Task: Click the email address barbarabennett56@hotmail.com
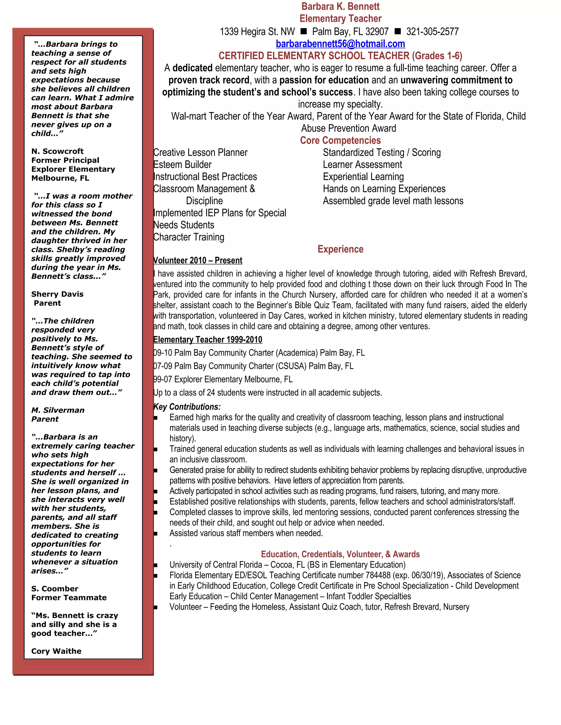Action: click(340, 44)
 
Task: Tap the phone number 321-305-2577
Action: click(432, 32)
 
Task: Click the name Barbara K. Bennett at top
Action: click(340, 6)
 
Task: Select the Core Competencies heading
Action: click(340, 140)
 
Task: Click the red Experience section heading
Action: click(340, 249)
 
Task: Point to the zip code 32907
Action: click(377, 32)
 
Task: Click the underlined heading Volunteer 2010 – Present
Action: click(198, 260)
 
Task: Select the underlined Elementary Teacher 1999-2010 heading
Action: click(208, 340)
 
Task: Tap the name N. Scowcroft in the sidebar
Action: click(57, 151)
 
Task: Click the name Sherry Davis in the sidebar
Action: click(57, 294)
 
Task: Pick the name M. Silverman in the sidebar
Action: click(58, 410)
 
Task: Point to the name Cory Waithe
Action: click(56, 651)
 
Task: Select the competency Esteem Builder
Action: click(182, 165)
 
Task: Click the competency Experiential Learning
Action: click(363, 177)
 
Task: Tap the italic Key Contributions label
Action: click(187, 407)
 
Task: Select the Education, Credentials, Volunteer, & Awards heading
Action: click(340, 554)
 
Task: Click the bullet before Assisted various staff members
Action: click(155, 533)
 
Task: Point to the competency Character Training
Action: click(189, 237)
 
